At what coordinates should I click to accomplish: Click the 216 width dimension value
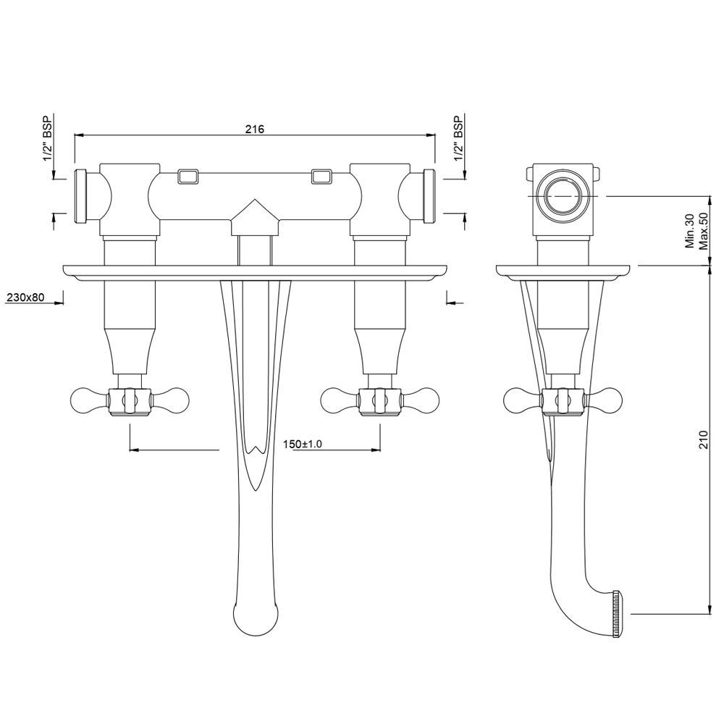click(x=253, y=129)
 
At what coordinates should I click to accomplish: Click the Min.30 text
click(x=689, y=231)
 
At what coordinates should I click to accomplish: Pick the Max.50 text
click(x=702, y=231)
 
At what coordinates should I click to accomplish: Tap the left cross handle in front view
click(x=130, y=400)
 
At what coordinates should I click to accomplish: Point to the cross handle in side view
click(x=563, y=400)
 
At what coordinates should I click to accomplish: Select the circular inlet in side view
click(x=563, y=195)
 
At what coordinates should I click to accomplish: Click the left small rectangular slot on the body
click(x=189, y=176)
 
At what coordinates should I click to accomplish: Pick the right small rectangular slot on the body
click(x=321, y=176)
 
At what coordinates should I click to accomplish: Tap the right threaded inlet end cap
click(x=428, y=195)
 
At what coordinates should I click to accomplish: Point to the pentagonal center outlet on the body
click(x=254, y=218)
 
